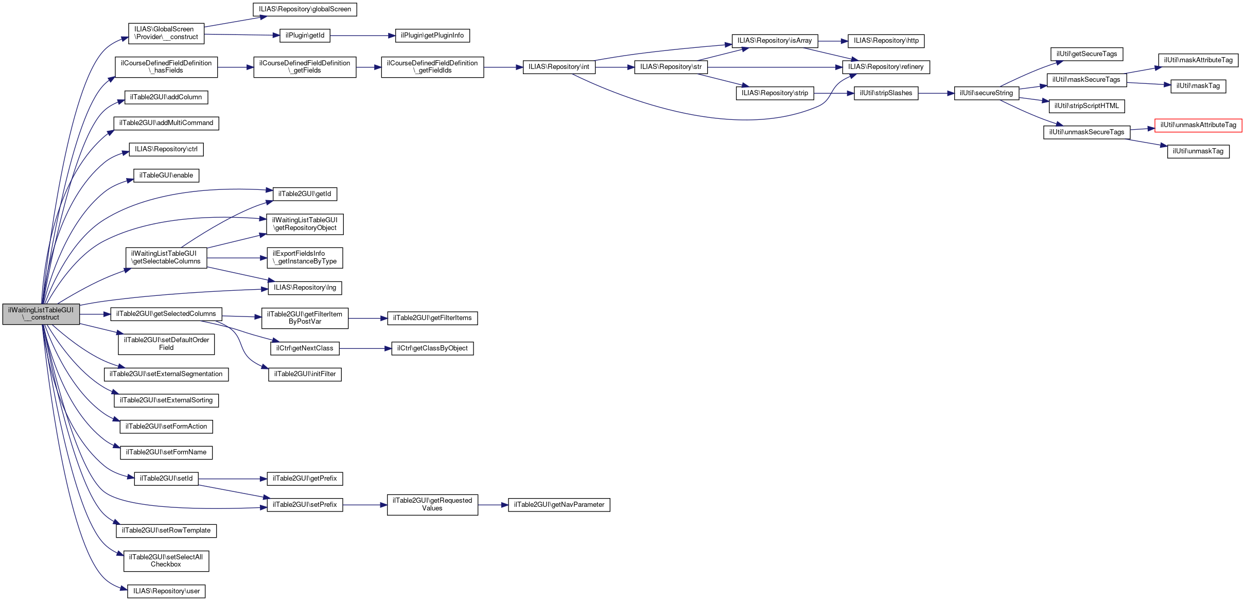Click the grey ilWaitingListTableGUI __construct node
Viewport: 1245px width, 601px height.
41,314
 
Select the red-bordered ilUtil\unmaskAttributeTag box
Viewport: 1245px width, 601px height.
1198,125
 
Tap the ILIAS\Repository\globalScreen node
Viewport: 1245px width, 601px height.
305,9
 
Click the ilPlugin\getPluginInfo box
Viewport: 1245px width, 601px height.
432,36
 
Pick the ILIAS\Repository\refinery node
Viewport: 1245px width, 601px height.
886,67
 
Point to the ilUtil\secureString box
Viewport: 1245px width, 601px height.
986,93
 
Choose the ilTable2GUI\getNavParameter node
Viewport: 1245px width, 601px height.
559,505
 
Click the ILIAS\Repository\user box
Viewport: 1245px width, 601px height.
166,591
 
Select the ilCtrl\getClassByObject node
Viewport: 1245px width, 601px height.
432,348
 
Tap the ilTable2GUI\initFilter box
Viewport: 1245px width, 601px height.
305,374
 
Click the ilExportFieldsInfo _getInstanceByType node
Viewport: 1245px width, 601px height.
305,258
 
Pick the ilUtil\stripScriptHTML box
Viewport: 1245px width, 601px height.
1086,106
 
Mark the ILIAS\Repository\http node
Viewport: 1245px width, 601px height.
886,41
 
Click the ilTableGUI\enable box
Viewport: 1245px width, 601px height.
166,175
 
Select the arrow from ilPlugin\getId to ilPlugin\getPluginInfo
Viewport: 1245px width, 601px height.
363,36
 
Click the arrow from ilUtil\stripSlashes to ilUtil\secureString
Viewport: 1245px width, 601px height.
936,93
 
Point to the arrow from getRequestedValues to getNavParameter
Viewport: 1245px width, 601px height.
493,505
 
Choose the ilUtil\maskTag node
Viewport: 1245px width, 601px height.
1198,86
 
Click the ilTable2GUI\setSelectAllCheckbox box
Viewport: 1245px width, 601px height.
166,561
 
